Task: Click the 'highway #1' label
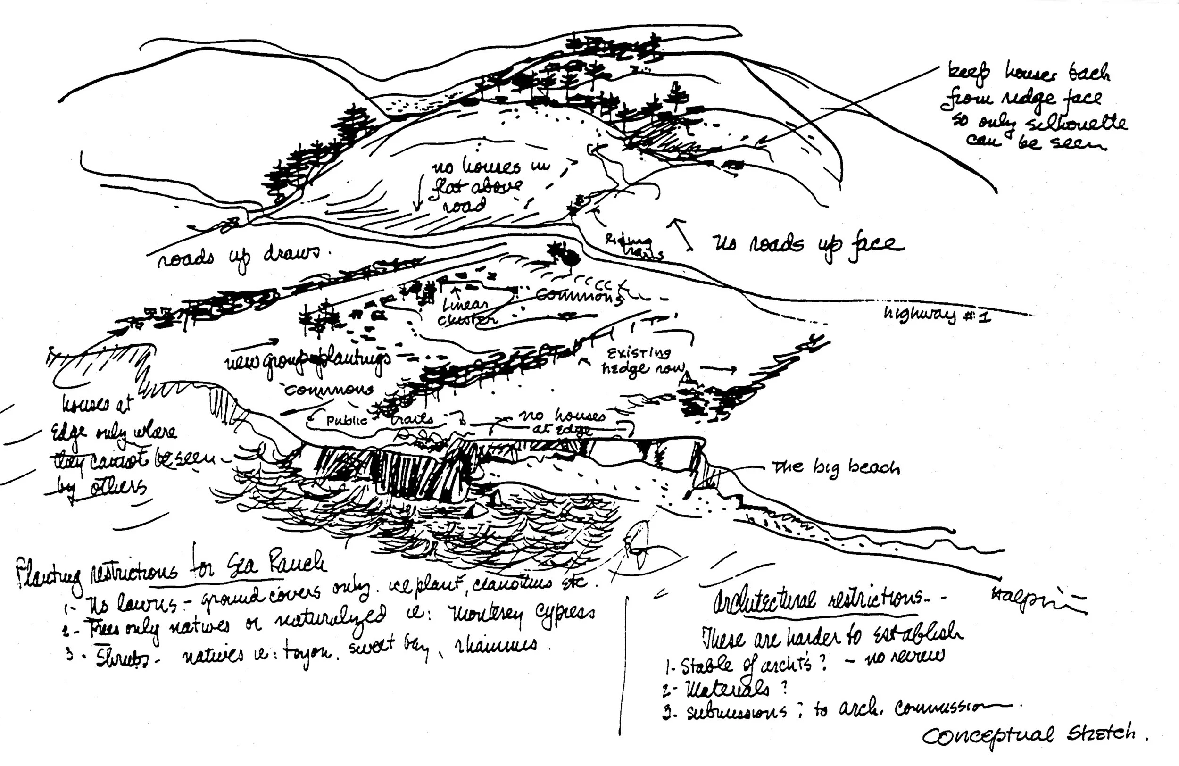[x=937, y=315]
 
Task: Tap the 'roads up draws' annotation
[x=238, y=256]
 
